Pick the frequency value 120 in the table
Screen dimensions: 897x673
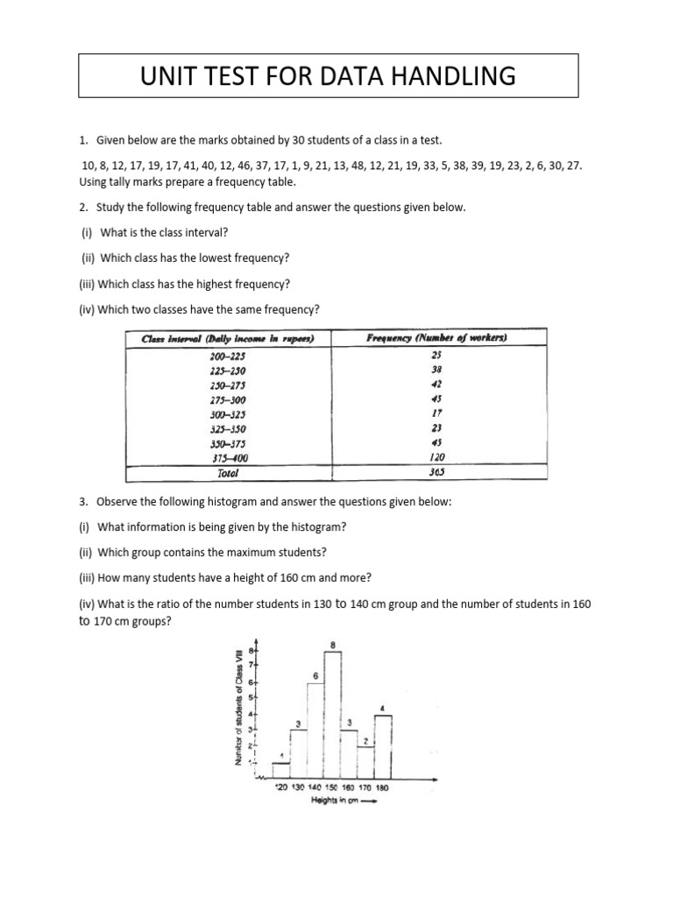point(437,456)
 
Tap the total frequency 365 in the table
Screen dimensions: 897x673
point(437,472)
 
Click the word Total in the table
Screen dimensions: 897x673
point(227,472)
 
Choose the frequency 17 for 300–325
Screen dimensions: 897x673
point(437,413)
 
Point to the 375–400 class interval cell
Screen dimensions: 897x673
point(229,456)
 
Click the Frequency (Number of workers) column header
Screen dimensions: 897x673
point(437,338)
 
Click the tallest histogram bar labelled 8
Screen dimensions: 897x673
point(333,714)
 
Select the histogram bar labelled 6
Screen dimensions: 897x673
point(315,730)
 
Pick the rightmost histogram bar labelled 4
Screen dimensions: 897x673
point(383,746)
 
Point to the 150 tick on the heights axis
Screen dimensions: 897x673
point(331,788)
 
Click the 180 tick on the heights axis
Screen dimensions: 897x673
point(382,788)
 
